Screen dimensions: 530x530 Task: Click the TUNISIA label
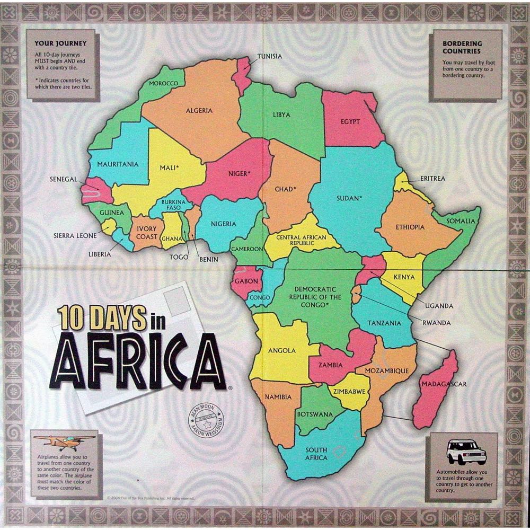pos(269,56)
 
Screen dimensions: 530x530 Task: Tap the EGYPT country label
pos(350,121)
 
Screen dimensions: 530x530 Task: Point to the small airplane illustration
pos(64,440)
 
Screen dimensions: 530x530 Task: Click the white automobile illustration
pos(466,452)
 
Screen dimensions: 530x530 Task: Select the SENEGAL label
pos(64,179)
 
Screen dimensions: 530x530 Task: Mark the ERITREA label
pos(432,179)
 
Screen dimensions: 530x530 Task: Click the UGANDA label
pos(439,306)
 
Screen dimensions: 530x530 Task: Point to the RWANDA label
pos(437,322)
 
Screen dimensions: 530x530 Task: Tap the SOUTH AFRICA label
pos(316,454)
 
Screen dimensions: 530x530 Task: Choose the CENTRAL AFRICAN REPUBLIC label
pos(301,240)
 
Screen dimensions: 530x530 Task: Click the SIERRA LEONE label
pos(75,235)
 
